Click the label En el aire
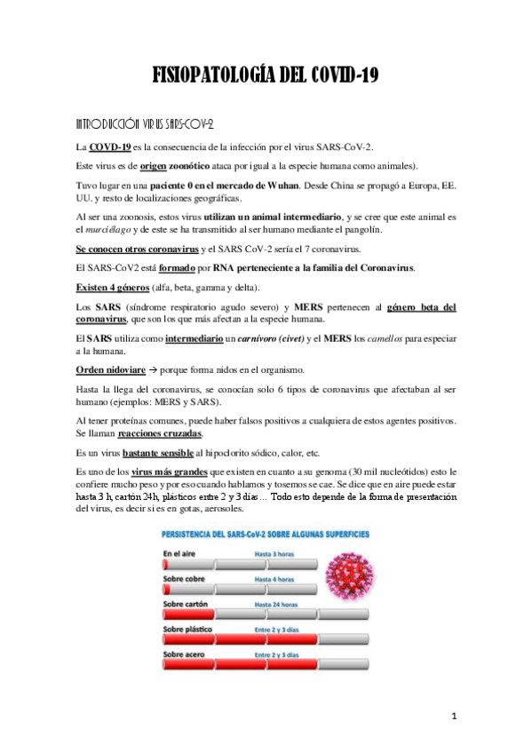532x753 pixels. pos(181,553)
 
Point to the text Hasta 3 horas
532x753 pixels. pos(274,553)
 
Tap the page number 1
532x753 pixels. pos(453,716)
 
